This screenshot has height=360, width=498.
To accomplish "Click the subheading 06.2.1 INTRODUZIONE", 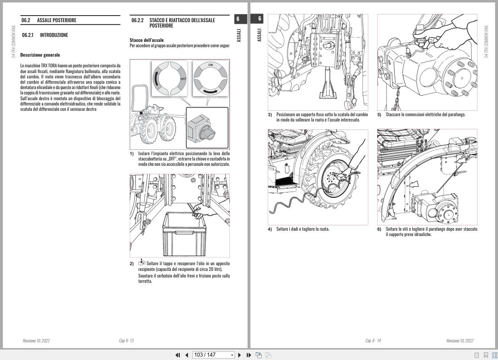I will pyautogui.click(x=45, y=35).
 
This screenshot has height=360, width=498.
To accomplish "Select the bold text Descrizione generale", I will pyautogui.click(x=40, y=55).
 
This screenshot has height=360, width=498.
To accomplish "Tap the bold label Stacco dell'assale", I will pyautogui.click(x=147, y=40).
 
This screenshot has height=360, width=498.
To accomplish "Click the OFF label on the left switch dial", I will pyautogui.click(x=183, y=78).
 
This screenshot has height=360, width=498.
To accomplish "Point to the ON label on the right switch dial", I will pyautogui.click(x=211, y=65).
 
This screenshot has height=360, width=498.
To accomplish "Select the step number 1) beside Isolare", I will pyautogui.click(x=132, y=154).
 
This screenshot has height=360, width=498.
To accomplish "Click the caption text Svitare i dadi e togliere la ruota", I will pyautogui.click(x=303, y=229).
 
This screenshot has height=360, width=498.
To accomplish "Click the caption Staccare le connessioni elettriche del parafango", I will pyautogui.click(x=425, y=115).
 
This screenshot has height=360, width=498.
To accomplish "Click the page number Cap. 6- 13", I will pyautogui.click(x=126, y=341).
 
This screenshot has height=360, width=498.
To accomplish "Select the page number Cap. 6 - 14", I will pyautogui.click(x=373, y=341).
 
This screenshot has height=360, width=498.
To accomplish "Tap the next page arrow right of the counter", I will pyautogui.click(x=240, y=355).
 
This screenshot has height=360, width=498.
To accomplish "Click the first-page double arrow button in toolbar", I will pyautogui.click(x=178, y=355).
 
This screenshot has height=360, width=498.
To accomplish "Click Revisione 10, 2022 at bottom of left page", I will pyautogui.click(x=36, y=341).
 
